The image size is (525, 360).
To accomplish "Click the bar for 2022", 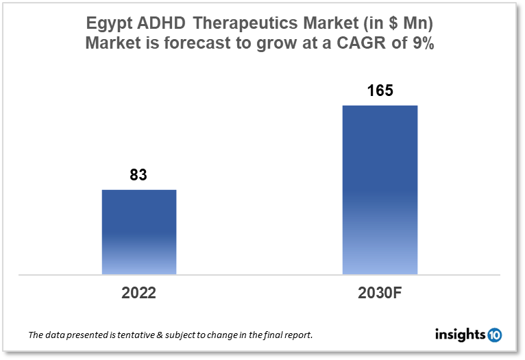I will coord(139,232).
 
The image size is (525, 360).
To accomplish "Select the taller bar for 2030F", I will coord(380,190).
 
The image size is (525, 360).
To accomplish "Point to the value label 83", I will coord(138,175).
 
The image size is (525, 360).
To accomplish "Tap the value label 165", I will coord(380,91).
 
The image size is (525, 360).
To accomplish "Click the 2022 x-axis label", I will coord(139,293).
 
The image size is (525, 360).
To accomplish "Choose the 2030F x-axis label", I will coord(380,293).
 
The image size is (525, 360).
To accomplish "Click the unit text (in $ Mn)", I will coord(401,24).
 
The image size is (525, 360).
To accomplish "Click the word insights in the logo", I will coord(460,335).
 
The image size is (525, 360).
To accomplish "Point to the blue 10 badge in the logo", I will coord(494,335).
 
